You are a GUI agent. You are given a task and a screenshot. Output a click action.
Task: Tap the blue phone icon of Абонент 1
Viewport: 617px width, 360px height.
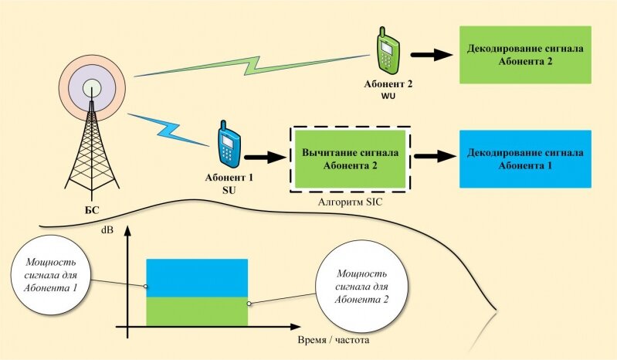click(x=227, y=144)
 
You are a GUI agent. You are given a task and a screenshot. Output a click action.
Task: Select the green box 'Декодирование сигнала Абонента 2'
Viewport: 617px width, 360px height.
click(x=525, y=54)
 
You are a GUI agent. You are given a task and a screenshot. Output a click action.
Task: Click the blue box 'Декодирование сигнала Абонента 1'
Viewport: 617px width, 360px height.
click(x=525, y=158)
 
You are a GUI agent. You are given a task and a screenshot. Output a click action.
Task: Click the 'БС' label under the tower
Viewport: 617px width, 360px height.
click(x=92, y=209)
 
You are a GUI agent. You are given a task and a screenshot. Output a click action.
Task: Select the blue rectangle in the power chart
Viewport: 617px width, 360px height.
click(x=196, y=277)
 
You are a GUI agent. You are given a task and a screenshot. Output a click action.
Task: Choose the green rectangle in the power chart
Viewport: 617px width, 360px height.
click(x=196, y=311)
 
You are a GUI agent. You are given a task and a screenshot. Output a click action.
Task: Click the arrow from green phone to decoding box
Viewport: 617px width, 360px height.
click(x=430, y=55)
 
